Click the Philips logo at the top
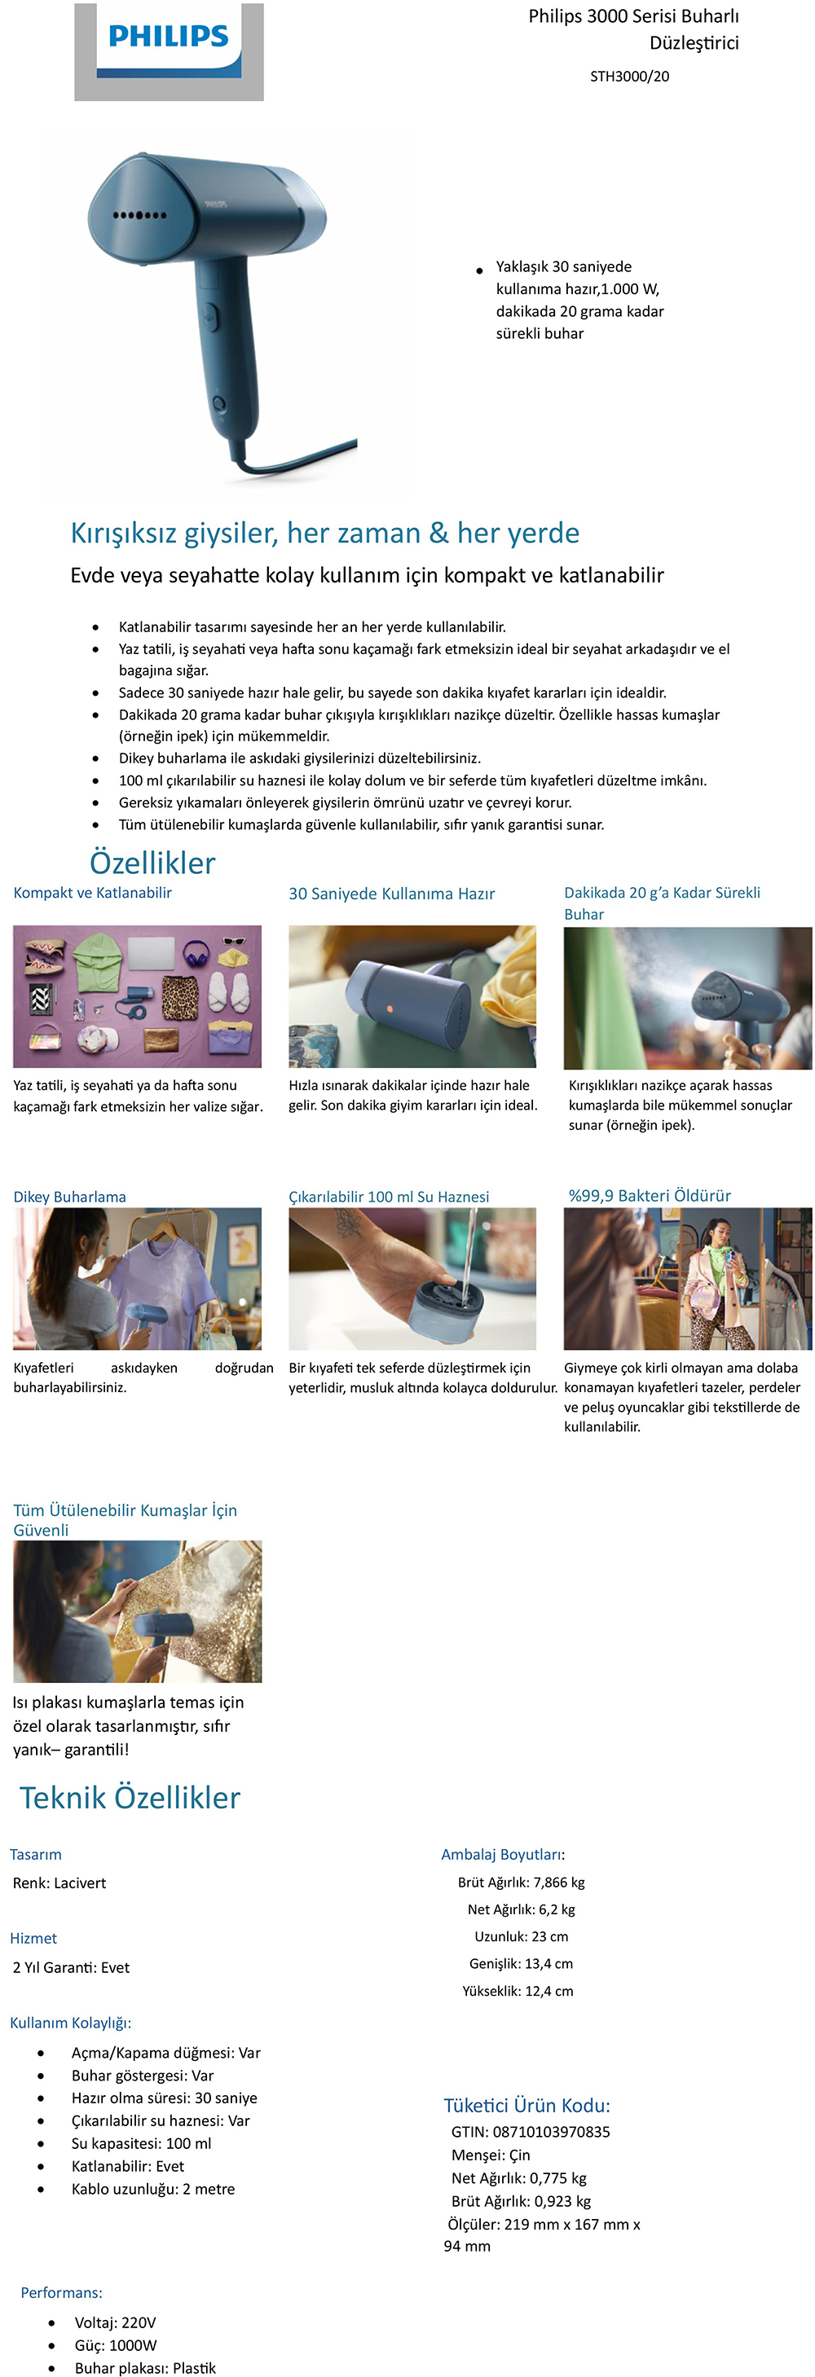click(x=169, y=51)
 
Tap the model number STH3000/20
click(x=629, y=77)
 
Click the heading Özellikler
click(x=152, y=863)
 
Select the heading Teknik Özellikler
click(x=130, y=1798)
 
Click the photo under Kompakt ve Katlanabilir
click(x=138, y=996)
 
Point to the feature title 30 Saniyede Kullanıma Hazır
click(x=391, y=894)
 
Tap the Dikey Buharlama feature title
click(x=69, y=1197)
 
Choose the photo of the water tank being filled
click(x=412, y=1279)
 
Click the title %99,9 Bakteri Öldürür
click(x=650, y=1196)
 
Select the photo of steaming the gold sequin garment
click(x=138, y=1611)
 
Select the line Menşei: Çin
click(x=491, y=2155)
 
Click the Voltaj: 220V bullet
click(x=116, y=2322)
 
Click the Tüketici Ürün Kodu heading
click(x=527, y=2106)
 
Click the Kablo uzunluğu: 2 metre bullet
click(x=153, y=2189)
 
